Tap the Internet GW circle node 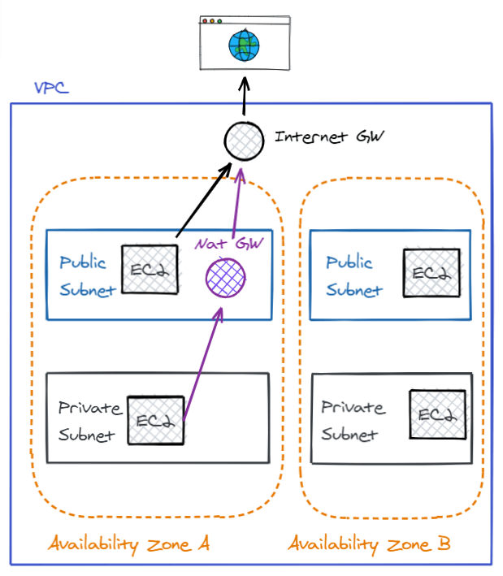pyautogui.click(x=244, y=140)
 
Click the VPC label pyautogui.click(x=50, y=87)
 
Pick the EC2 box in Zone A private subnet pyautogui.click(x=156, y=420)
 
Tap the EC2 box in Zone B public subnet pyautogui.click(x=431, y=272)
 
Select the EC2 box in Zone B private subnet pyautogui.click(x=437, y=415)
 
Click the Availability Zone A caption pyautogui.click(x=128, y=544)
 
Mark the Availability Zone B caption pyautogui.click(x=369, y=544)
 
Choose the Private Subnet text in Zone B pyautogui.click(x=353, y=420)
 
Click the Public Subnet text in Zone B pyautogui.click(x=353, y=276)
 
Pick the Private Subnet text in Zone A pyautogui.click(x=89, y=421)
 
